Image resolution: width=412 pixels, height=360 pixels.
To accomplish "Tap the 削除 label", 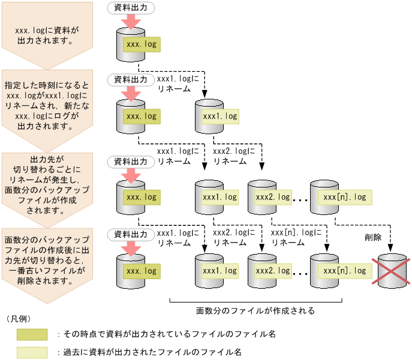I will (x=374, y=237).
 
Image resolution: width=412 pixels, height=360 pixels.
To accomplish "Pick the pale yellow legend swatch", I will (x=32, y=353).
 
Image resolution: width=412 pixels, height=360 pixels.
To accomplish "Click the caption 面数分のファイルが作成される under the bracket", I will (x=255, y=311).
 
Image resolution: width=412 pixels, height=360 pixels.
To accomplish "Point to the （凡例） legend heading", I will (x=22, y=318).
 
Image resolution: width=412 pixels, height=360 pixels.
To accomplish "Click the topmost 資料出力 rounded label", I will (x=130, y=8).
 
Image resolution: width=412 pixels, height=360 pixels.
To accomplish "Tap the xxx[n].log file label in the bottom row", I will (x=344, y=271).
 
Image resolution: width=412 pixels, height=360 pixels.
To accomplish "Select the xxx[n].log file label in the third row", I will (x=344, y=196).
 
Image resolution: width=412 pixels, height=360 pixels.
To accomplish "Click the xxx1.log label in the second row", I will (x=220, y=116).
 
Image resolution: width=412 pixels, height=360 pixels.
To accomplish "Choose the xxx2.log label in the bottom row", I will (x=273, y=271).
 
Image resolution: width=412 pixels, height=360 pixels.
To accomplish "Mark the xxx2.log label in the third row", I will (x=273, y=196).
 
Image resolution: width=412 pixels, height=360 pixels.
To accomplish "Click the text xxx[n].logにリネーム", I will (x=296, y=237).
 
